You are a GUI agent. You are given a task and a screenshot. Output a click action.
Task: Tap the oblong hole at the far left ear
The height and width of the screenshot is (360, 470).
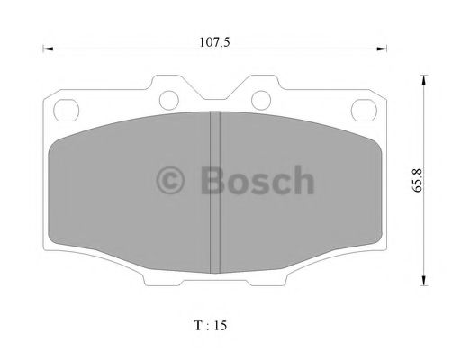point(67,111)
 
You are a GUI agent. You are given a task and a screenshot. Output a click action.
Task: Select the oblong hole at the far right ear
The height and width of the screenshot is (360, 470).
point(364,111)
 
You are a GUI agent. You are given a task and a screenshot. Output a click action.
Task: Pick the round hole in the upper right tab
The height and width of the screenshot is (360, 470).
point(260,98)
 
